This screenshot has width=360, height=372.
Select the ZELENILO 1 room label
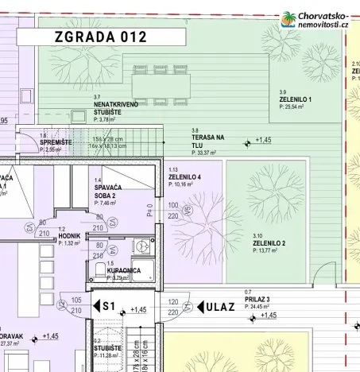pyautogui.click(x=295, y=99)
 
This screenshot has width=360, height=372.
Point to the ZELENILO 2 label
pyautogui.click(x=269, y=243)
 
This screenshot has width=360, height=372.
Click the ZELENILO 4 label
pyautogui.click(x=184, y=176)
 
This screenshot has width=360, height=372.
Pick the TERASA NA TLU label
pyautogui.click(x=208, y=141)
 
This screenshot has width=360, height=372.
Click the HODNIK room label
pyautogui.click(x=68, y=236)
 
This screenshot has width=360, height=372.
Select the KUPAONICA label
pyautogui.click(x=124, y=270)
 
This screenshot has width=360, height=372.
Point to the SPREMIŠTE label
pyautogui.click(x=56, y=142)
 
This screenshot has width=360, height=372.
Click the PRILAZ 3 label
pyautogui.click(x=259, y=299)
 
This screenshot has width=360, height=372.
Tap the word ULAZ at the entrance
pyautogui.click(x=221, y=307)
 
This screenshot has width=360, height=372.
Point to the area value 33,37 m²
pyautogui.click(x=207, y=153)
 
